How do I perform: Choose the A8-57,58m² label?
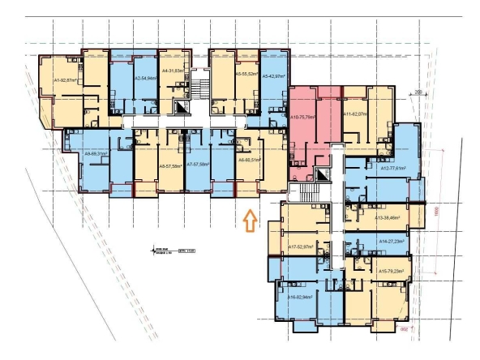pos(172,165)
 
